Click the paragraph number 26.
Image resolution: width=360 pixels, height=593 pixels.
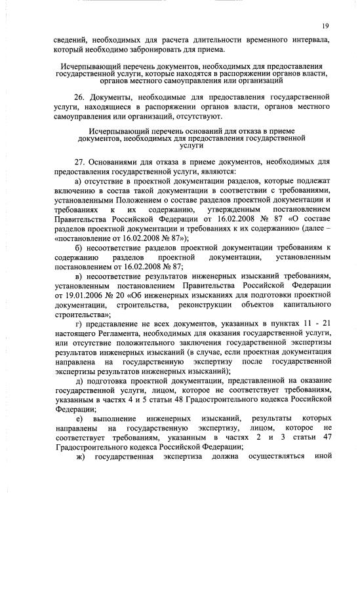point(80,96)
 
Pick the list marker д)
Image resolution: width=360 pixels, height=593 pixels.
point(79,383)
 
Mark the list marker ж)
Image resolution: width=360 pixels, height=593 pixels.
point(81,457)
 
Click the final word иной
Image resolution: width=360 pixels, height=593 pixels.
point(321,457)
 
